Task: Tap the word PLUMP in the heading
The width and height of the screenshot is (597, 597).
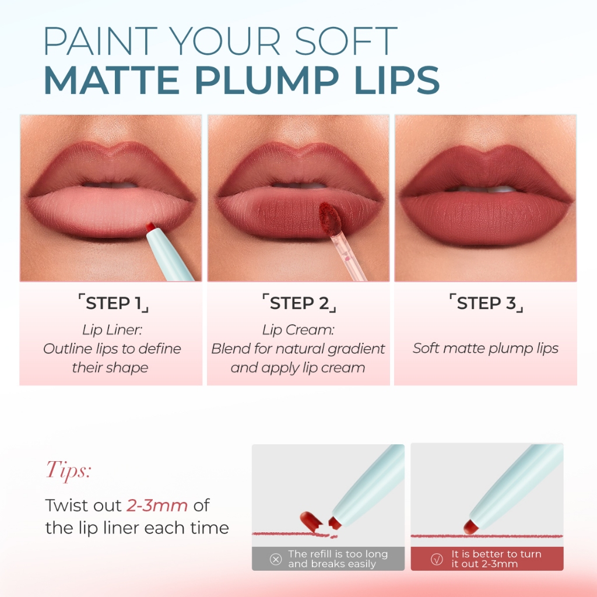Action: tap(266, 80)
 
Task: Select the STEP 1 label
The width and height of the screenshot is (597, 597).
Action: tap(113, 303)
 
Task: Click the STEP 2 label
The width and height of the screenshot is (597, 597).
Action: tap(299, 303)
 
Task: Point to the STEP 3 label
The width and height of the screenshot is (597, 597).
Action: tap(486, 303)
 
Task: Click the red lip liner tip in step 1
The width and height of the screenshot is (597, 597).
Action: tap(151, 227)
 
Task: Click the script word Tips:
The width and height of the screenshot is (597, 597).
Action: tap(69, 470)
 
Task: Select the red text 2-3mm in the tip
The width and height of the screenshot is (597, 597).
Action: tap(157, 505)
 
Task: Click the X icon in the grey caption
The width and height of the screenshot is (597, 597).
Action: tap(276, 559)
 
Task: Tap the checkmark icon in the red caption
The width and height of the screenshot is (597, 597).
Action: tap(437, 559)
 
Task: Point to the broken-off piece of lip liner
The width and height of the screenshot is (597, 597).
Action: tap(311, 521)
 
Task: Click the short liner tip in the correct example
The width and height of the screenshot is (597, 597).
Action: tap(471, 527)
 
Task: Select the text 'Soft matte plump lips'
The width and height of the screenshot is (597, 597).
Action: tap(486, 349)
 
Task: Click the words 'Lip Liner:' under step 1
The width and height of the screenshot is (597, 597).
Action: tap(112, 330)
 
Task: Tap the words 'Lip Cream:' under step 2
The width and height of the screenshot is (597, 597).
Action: tap(298, 330)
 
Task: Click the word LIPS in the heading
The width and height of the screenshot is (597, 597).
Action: tap(397, 80)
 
